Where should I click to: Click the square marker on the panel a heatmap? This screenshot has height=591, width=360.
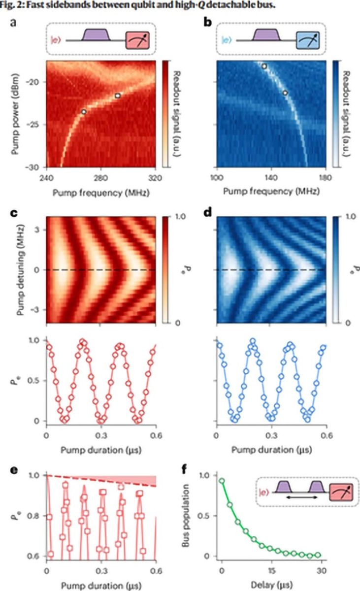pyautogui.click(x=118, y=96)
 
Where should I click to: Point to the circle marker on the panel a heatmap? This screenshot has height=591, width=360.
pyautogui.click(x=84, y=112)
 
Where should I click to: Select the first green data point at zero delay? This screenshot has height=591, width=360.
pyautogui.click(x=222, y=481)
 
